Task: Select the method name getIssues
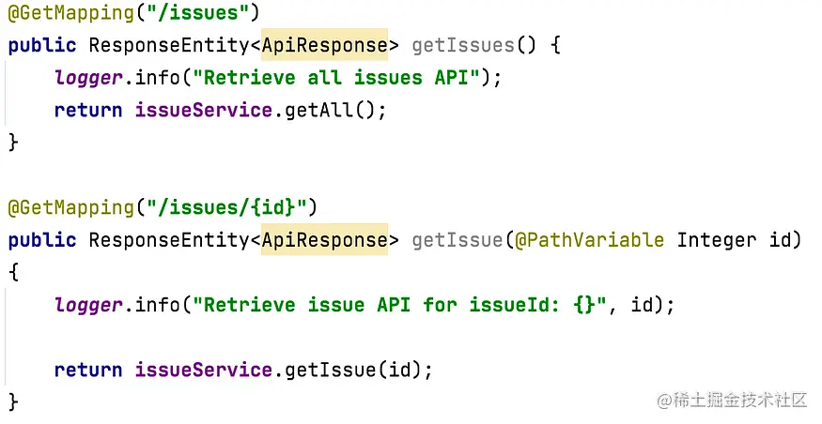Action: point(463,45)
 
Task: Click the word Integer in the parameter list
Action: point(716,239)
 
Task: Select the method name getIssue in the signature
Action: point(458,239)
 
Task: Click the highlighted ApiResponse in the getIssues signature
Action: point(324,45)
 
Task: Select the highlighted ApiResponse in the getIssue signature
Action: point(324,239)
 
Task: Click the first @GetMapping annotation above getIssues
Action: point(71,13)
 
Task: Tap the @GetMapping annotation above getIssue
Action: point(71,206)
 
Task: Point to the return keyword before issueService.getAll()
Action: point(88,110)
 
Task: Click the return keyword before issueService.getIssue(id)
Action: point(88,370)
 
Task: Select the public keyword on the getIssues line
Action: point(42,45)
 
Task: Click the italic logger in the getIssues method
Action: point(89,77)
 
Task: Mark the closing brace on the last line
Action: point(13,401)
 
